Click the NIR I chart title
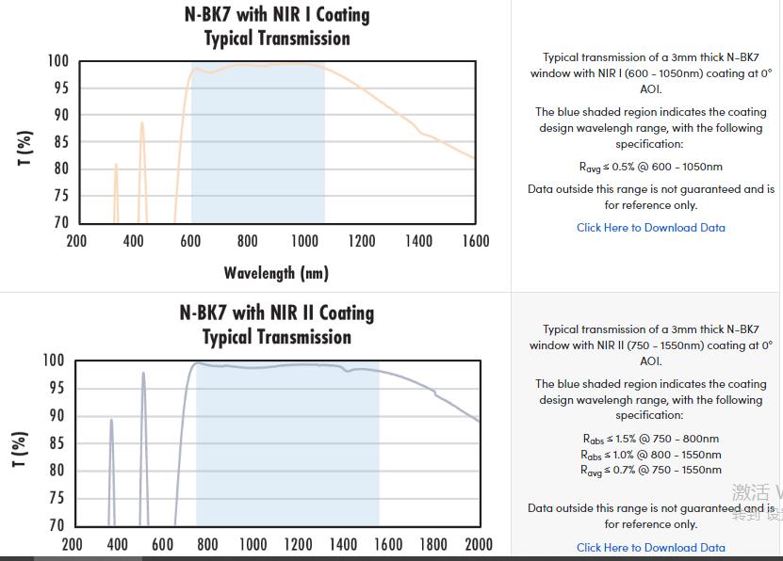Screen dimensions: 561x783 tap(277, 26)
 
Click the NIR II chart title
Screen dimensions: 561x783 tap(277, 325)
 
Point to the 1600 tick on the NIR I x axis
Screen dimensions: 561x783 tap(476, 241)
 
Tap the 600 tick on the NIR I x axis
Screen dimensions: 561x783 tap(190, 241)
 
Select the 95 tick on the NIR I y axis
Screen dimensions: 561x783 tap(58, 88)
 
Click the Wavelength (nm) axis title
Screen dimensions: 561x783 tap(276, 273)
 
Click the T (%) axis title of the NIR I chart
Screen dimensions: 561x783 tap(25, 148)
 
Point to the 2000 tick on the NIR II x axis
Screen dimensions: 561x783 tap(479, 544)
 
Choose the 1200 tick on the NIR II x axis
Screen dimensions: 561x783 tap(299, 544)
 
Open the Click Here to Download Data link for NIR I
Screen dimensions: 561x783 tap(651, 228)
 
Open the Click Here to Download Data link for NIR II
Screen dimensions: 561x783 tap(651, 547)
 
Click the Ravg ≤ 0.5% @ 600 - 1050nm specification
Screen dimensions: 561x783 tap(651, 167)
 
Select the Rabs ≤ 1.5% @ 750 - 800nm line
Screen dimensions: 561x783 tap(651, 439)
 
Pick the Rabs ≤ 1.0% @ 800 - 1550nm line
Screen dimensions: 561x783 tap(651, 455)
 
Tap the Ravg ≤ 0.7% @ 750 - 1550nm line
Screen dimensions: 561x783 tap(651, 470)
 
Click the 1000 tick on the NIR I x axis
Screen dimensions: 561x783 tap(304, 241)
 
